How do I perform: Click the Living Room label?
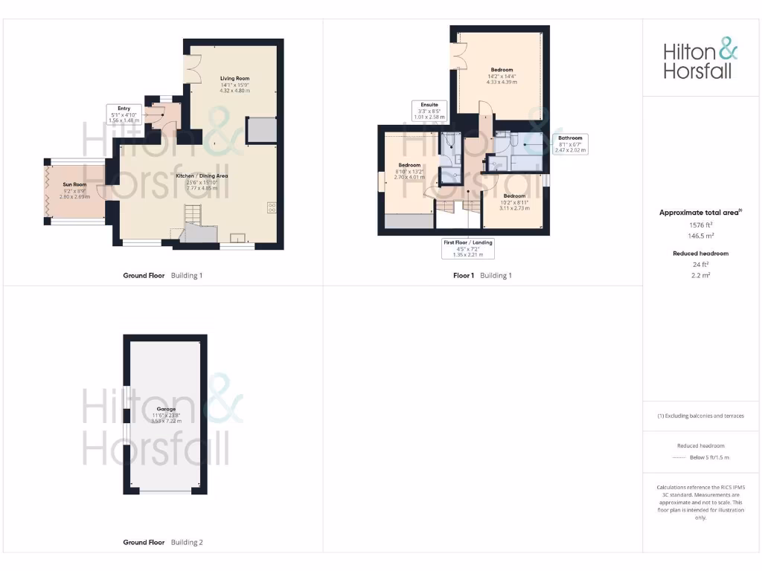coord(234,78)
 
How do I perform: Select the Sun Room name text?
coord(74,184)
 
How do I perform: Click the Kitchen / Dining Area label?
coord(202,176)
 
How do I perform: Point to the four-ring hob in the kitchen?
coord(272,208)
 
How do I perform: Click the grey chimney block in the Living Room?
coord(262,130)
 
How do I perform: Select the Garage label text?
coord(166,410)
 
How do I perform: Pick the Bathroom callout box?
coord(571,143)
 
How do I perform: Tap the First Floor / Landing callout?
coord(468,248)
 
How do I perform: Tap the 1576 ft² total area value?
coord(699,224)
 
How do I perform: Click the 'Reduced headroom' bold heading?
coord(699,254)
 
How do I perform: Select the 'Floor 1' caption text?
coord(463,276)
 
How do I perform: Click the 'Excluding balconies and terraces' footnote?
coord(699,416)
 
